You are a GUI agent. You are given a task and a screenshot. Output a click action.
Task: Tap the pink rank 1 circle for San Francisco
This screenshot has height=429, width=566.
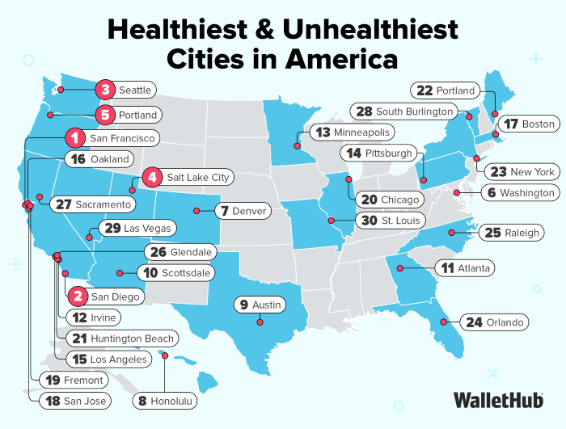tap(74, 138)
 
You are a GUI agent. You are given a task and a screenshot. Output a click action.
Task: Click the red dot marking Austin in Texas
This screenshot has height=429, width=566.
tap(260, 322)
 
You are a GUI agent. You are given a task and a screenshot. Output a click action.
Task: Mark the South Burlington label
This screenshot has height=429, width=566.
tap(414, 111)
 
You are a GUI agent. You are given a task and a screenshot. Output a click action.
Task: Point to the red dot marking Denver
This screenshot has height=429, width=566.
tap(196, 211)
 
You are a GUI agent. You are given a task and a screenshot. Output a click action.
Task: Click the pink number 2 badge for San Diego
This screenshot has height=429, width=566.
tap(78, 297)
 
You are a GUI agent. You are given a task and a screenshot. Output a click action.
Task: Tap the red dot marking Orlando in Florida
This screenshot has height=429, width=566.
tap(442, 322)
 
